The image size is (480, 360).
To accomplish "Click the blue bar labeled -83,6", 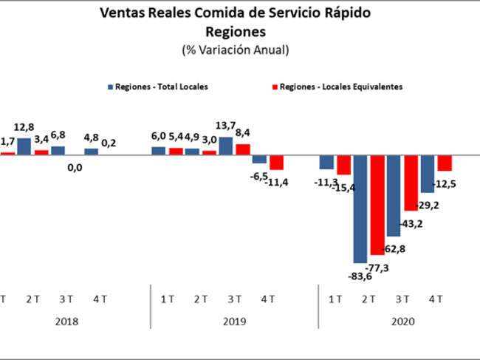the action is [360, 209].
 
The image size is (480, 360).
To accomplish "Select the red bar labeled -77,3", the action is [377, 205].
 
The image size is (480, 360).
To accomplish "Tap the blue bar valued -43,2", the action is [394, 196].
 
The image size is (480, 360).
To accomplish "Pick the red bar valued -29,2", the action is [411, 183].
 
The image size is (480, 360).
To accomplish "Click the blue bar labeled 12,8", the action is [24, 146].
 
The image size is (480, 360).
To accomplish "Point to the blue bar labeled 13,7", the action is [226, 146].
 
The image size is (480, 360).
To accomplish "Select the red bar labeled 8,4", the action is [243, 149].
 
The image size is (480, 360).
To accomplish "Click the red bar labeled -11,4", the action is [276, 163].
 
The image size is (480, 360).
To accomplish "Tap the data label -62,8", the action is [394, 249].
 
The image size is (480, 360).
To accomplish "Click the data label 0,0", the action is [75, 168].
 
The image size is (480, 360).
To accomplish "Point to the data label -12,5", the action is [444, 184].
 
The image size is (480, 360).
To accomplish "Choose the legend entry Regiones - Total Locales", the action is [157, 87].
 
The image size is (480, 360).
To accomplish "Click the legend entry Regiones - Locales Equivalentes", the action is [337, 87].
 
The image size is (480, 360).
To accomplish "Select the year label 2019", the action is [235, 322].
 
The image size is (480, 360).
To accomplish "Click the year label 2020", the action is [403, 322].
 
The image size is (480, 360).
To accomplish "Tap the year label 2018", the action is [66, 322].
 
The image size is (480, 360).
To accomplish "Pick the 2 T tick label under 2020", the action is [368, 299].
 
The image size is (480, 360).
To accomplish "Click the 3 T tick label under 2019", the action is [235, 299].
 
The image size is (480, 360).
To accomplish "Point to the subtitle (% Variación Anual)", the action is [236, 50].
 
